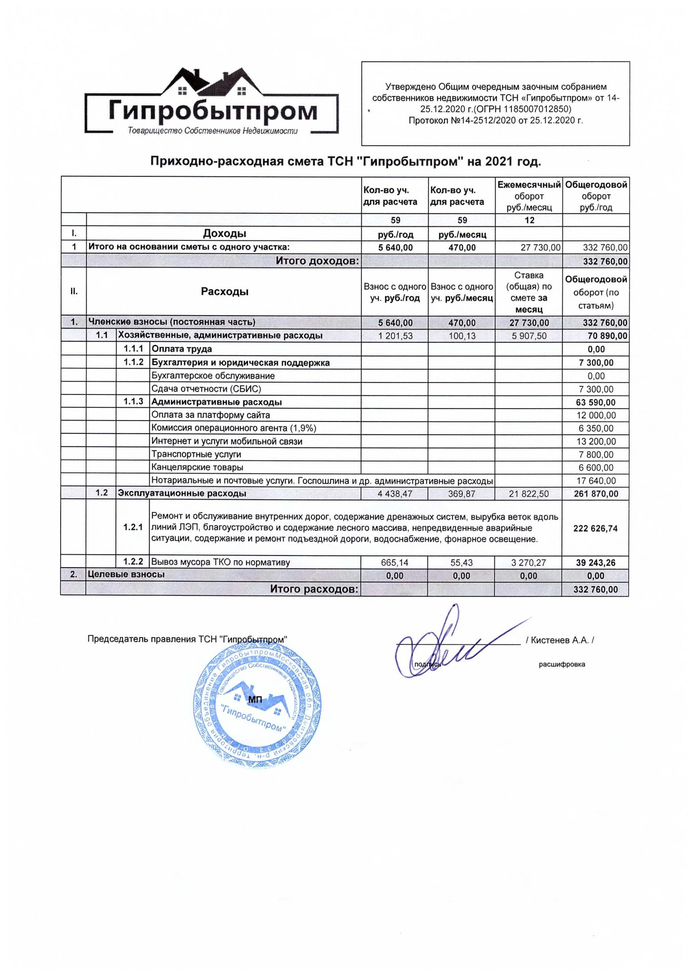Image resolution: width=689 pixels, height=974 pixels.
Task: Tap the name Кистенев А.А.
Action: pyautogui.click(x=560, y=640)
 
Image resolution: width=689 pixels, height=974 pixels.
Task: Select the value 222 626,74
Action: pyautogui.click(x=595, y=528)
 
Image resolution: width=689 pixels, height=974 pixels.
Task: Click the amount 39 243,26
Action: pyautogui.click(x=595, y=563)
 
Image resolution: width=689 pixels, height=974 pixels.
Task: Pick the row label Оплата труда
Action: pyautogui.click(x=182, y=349)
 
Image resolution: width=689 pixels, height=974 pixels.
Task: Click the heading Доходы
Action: pyautogui.click(x=225, y=233)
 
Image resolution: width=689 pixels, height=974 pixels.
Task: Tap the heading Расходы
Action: pyautogui.click(x=225, y=292)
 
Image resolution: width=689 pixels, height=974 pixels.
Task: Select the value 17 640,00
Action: pyautogui.click(x=596, y=481)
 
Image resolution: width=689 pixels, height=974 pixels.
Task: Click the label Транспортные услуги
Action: pyautogui.click(x=196, y=454)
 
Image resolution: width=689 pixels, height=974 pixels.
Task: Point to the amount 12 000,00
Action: pyautogui.click(x=596, y=415)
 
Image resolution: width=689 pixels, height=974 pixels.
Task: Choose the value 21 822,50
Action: pyautogui.click(x=529, y=494)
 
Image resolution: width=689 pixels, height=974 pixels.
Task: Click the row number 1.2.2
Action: pyautogui.click(x=133, y=562)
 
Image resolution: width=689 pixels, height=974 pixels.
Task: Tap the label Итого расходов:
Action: pyautogui.click(x=314, y=589)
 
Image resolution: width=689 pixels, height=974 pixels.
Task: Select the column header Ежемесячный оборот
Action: pyautogui.click(x=529, y=196)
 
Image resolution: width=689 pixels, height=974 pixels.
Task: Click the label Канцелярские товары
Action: pyautogui.click(x=197, y=468)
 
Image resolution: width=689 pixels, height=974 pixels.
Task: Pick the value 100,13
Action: pyautogui.click(x=461, y=336)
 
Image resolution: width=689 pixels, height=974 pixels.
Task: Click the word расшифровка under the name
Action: pyautogui.click(x=561, y=665)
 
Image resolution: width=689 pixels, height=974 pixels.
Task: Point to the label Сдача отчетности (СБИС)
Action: pyautogui.click(x=206, y=389)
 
